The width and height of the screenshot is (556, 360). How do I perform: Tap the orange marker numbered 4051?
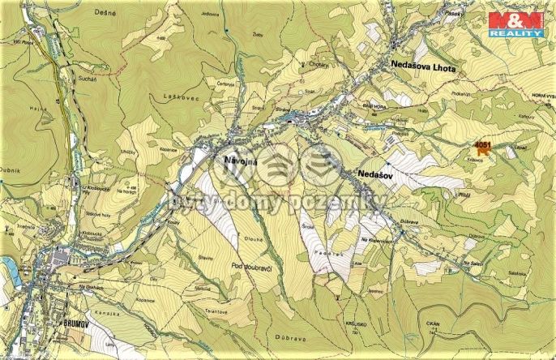click(x=481, y=148)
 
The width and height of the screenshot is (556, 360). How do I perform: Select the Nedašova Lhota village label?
click(x=423, y=71)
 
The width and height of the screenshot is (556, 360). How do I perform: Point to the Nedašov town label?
click(x=374, y=175)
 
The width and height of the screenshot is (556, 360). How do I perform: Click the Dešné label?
click(x=151, y=14)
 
